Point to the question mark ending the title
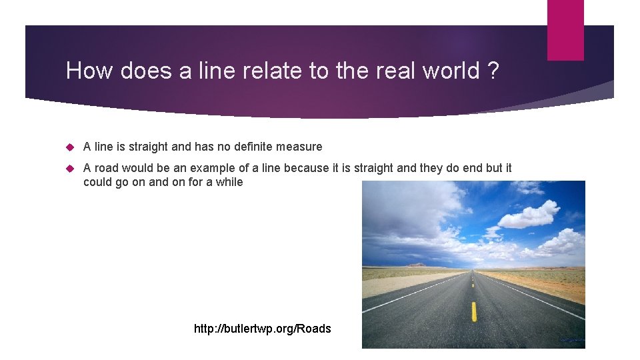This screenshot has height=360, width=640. (x=493, y=70)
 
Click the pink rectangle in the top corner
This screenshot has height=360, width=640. (x=565, y=30)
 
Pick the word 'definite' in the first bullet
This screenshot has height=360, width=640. (x=249, y=147)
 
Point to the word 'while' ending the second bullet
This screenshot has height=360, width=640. (x=229, y=182)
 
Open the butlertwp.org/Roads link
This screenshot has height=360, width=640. (x=262, y=328)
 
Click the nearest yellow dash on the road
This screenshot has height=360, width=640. (x=474, y=311)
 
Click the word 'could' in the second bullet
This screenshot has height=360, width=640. (x=98, y=182)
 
